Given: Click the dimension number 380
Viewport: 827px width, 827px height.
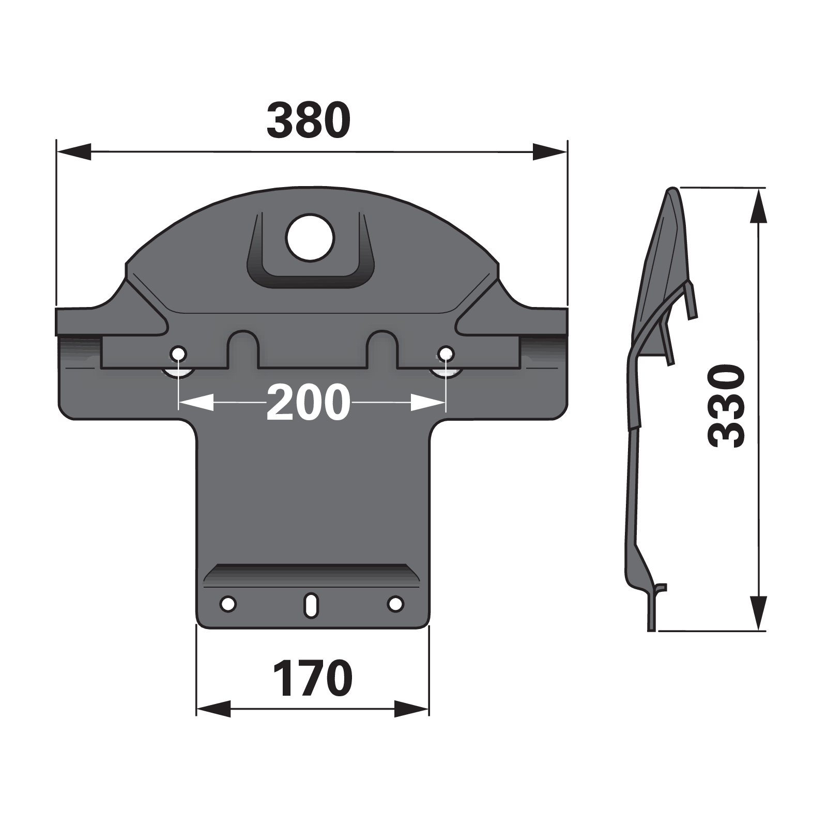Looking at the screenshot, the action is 309,121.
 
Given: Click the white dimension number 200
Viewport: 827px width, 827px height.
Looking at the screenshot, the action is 309,402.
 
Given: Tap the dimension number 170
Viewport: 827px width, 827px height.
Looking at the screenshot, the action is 313,678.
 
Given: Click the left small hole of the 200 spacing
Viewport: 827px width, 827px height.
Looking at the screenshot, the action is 179,354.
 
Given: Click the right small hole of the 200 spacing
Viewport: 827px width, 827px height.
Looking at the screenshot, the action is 446,354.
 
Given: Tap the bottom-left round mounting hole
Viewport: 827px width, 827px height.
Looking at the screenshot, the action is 227,603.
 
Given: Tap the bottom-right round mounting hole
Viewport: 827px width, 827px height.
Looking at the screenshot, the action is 395,603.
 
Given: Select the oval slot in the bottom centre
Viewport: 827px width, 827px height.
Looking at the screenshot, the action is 311,604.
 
